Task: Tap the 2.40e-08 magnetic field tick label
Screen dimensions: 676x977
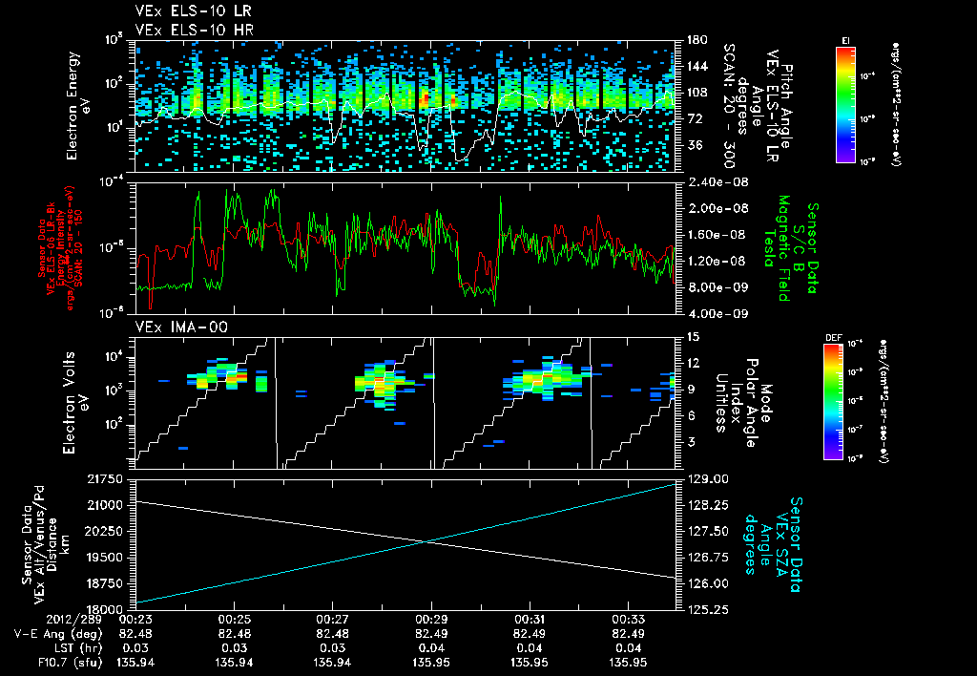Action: point(716,182)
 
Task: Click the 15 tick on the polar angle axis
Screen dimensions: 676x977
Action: point(693,336)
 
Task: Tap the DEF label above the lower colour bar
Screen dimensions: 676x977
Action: point(832,337)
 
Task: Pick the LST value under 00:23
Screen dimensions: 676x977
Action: point(135,646)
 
